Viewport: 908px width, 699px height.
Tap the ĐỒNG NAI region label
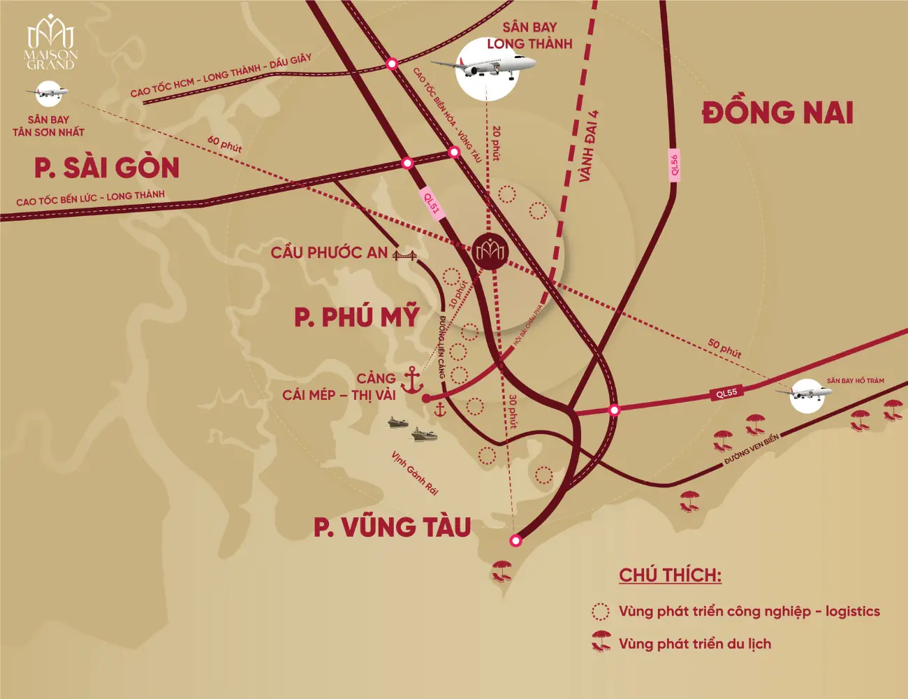tap(777, 113)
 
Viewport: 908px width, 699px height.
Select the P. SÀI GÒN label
tap(107, 168)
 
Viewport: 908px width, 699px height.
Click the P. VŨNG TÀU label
tap(392, 527)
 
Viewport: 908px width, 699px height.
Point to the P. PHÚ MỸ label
tap(356, 317)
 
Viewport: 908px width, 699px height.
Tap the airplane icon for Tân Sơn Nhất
tap(48, 92)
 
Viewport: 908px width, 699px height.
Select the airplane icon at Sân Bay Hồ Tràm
tap(806, 395)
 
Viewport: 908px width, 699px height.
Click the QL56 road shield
tap(674, 166)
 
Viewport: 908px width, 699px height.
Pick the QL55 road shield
tap(726, 393)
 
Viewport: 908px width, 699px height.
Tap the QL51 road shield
tap(432, 203)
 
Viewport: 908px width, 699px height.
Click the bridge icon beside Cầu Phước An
tap(404, 254)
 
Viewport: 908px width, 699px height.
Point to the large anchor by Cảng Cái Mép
tap(412, 380)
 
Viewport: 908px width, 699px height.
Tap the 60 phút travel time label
tap(224, 144)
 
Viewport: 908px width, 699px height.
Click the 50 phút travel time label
tap(724, 347)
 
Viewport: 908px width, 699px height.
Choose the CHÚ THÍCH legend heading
tap(670, 575)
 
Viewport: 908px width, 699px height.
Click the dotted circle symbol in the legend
tap(600, 612)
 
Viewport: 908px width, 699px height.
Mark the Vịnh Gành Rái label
tap(414, 473)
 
